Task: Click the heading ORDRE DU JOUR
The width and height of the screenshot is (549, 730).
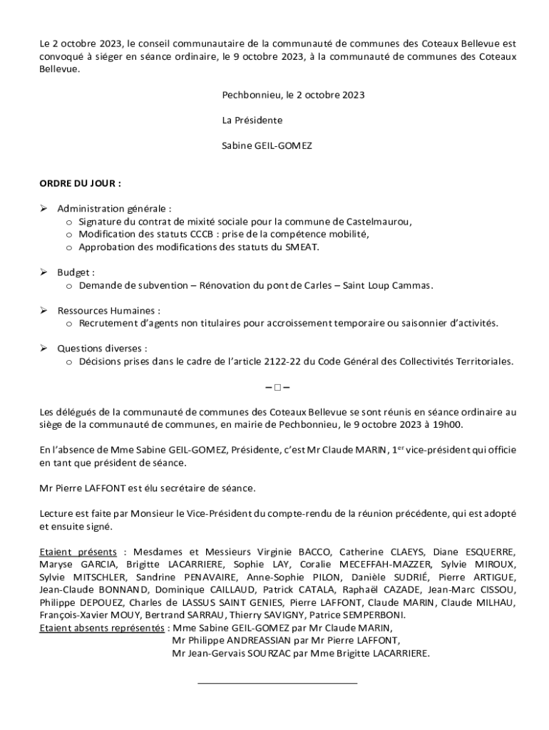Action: coord(80,183)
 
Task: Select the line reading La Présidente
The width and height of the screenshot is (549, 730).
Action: coord(252,120)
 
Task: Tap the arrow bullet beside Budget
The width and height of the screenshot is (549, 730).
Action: coord(43,272)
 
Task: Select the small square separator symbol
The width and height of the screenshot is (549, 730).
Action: coord(275,388)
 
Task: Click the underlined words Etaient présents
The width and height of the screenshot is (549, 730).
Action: coord(78,552)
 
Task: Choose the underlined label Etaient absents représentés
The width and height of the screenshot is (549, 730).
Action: coord(102,628)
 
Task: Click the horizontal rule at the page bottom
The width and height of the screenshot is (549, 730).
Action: coord(277,684)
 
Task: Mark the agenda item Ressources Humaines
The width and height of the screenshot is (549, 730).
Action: coord(108,311)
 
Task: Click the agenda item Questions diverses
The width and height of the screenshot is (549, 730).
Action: coord(102,349)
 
